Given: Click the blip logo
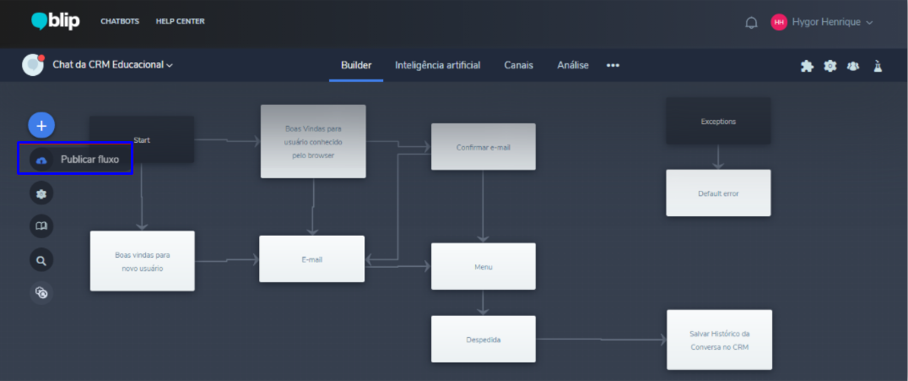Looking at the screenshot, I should click(x=56, y=21).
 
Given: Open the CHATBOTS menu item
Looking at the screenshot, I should click(x=120, y=21).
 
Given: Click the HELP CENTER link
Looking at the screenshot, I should click(x=180, y=21).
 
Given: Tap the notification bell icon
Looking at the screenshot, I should click(x=751, y=23).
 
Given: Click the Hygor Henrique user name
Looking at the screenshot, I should click(x=827, y=22).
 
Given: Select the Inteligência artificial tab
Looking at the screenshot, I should click(x=438, y=65).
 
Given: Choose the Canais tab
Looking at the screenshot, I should click(x=519, y=65).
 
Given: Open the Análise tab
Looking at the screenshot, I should click(x=573, y=65).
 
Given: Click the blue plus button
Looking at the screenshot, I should click(x=41, y=125).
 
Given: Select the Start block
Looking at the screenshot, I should click(x=142, y=139).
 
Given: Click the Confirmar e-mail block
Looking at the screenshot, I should click(x=484, y=147).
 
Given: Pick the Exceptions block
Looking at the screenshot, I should click(x=718, y=121).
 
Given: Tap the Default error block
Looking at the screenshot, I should click(x=718, y=193).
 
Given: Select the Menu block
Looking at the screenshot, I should click(x=484, y=267).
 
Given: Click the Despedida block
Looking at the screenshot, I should click(x=484, y=340).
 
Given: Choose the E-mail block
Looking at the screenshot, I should click(x=312, y=259).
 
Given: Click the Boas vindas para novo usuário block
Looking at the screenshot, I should click(x=142, y=261).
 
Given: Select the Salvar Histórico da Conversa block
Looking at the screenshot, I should click(x=719, y=340).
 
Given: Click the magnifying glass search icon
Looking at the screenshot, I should click(x=41, y=259).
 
